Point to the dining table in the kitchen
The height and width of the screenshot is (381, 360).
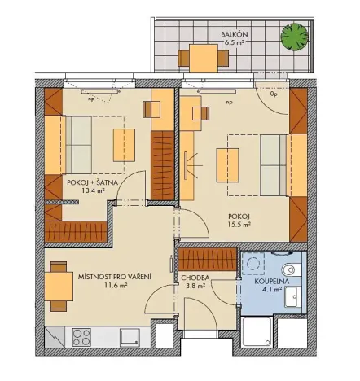[57, 287]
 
